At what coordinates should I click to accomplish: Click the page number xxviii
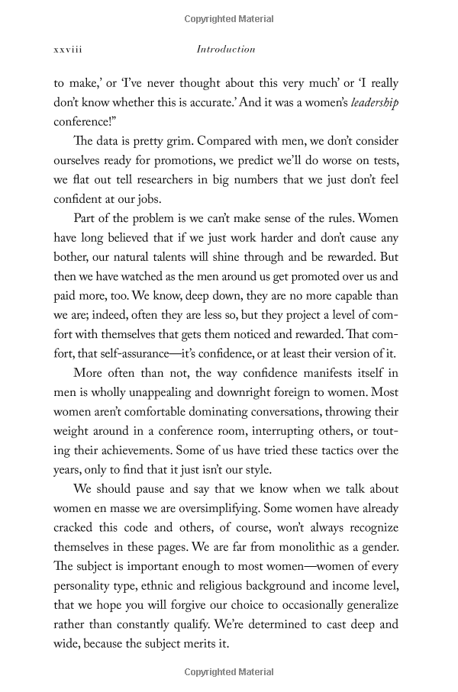(68, 50)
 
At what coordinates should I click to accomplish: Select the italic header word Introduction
(226, 50)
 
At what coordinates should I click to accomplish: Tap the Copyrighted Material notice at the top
(229, 19)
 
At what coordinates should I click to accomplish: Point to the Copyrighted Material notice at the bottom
(229, 671)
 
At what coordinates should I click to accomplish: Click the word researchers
(197, 181)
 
